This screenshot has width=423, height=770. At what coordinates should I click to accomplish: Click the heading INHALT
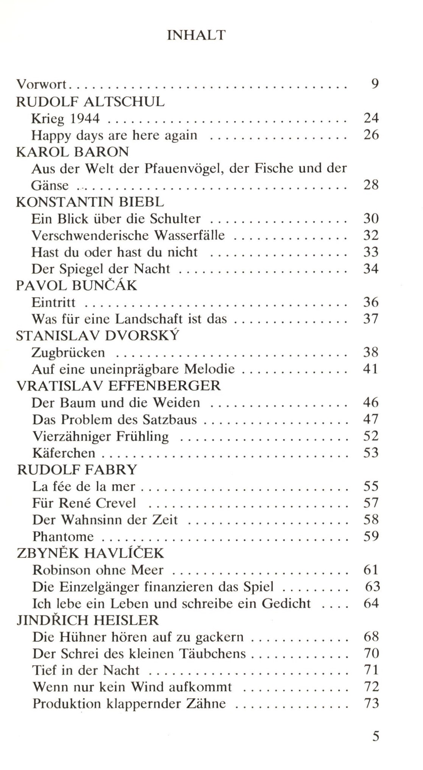click(x=196, y=35)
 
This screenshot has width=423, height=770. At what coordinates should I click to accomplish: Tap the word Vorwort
click(x=41, y=84)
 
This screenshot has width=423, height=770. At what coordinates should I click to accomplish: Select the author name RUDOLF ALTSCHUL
click(x=90, y=101)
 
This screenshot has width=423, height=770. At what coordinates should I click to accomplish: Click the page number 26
click(x=371, y=135)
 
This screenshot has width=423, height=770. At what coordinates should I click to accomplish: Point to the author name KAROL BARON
click(x=73, y=152)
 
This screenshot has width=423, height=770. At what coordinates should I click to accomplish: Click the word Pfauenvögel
click(x=183, y=168)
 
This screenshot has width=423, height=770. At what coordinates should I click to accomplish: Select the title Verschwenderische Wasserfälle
click(x=128, y=235)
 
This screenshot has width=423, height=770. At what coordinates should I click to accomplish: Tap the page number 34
click(x=371, y=269)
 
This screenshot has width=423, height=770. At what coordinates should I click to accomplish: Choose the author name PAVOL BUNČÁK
click(x=76, y=285)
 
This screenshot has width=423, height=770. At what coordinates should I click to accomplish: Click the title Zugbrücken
click(x=68, y=352)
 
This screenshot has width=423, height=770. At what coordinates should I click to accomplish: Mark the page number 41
click(x=371, y=369)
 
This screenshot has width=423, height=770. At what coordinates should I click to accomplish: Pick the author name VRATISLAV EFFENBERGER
click(x=118, y=385)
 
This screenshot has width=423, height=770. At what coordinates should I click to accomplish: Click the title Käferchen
click(x=64, y=453)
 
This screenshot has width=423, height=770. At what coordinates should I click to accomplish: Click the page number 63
click(x=372, y=587)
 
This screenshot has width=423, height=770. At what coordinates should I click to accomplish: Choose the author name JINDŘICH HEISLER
click(x=88, y=620)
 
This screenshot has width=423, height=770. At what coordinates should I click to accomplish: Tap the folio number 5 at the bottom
click(x=375, y=736)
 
